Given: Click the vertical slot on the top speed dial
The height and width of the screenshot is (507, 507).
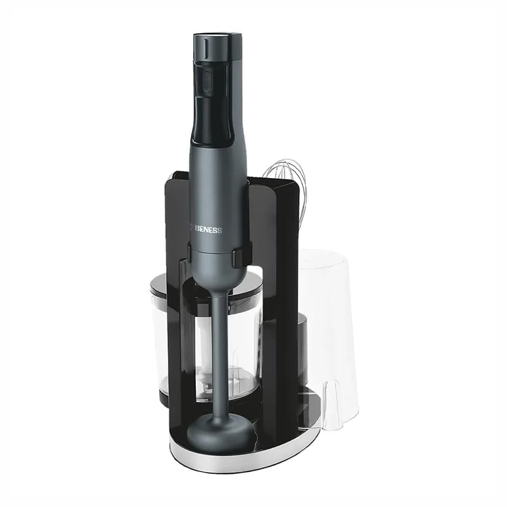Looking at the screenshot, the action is tap(205, 47).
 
